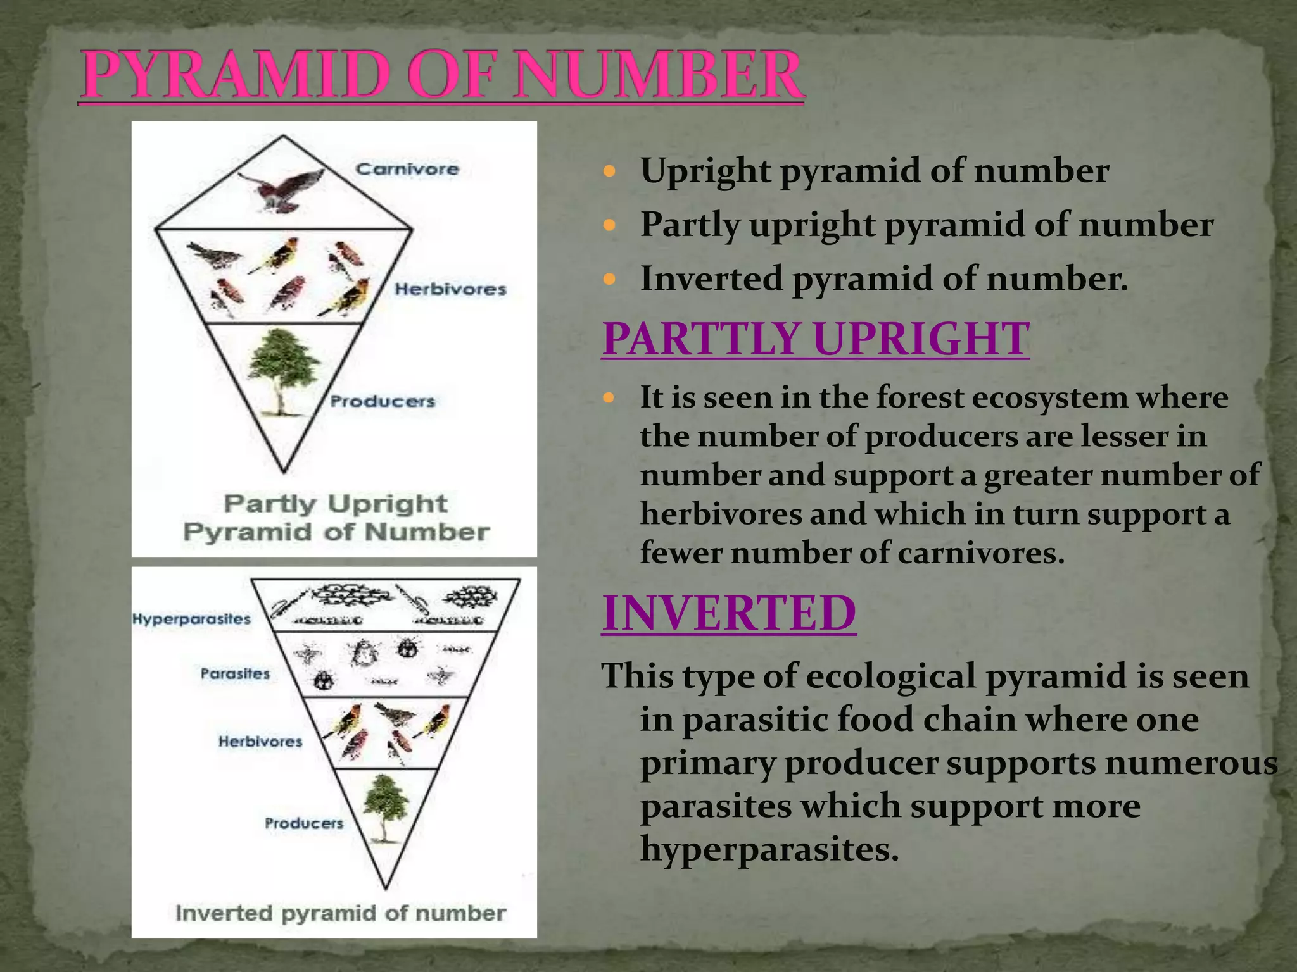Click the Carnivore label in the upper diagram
[407, 169]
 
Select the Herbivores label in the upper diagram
[450, 289]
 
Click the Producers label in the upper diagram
[383, 401]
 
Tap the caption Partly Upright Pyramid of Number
[336, 518]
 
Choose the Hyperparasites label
[191, 618]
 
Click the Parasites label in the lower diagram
[235, 673]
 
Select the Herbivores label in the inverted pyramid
[260, 741]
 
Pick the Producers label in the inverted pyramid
[304, 823]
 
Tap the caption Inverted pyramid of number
[340, 913]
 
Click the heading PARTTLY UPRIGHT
[815, 339]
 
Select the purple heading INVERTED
[729, 613]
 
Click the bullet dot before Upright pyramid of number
[609, 171]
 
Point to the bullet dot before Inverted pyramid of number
[609, 278]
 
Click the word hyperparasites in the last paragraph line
[769, 849]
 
